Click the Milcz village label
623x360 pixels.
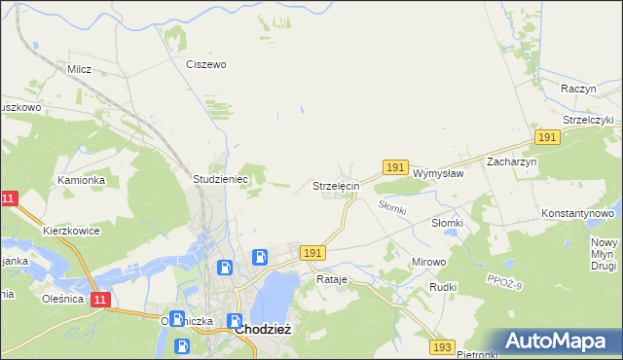[79, 69]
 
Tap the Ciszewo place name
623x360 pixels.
[205, 64]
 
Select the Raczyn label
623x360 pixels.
[578, 88]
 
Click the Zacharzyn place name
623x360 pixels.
[512, 162]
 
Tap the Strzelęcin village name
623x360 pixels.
[336, 185]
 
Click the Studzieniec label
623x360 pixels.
[222, 180]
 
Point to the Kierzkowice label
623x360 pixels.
[71, 232]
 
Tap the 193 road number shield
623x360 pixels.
[443, 346]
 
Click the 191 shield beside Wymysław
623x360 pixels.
[394, 167]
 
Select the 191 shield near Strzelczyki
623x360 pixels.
[547, 138]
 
